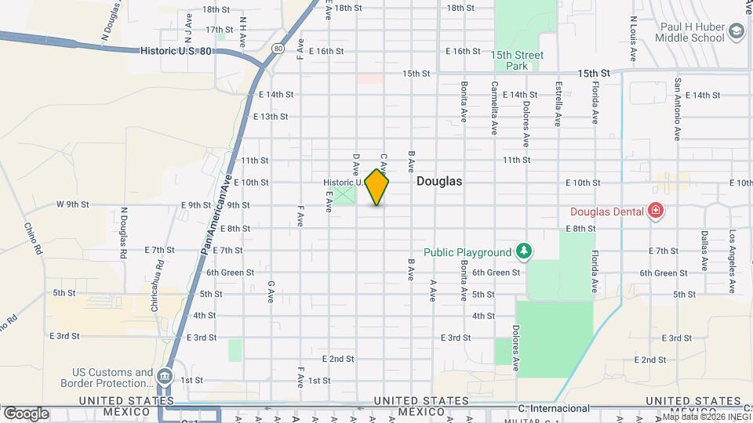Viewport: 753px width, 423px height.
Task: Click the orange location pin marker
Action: click(x=377, y=186)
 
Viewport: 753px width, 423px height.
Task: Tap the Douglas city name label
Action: click(x=438, y=181)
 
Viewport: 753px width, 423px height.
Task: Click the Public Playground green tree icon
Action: click(x=524, y=251)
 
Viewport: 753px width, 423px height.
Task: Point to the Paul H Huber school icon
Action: click(x=736, y=31)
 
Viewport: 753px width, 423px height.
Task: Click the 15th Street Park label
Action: click(x=517, y=60)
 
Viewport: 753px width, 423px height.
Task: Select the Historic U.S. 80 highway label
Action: click(x=176, y=50)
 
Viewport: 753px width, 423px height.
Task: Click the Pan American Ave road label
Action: click(x=218, y=211)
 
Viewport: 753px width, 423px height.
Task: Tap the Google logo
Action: click(x=26, y=414)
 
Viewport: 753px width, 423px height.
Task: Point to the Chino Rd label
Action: click(x=31, y=239)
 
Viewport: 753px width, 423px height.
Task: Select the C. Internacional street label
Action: click(x=554, y=408)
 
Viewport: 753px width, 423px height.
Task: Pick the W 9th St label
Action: click(x=73, y=204)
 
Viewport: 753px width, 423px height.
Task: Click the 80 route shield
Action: click(x=278, y=49)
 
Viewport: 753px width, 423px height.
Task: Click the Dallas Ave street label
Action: click(x=705, y=251)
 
